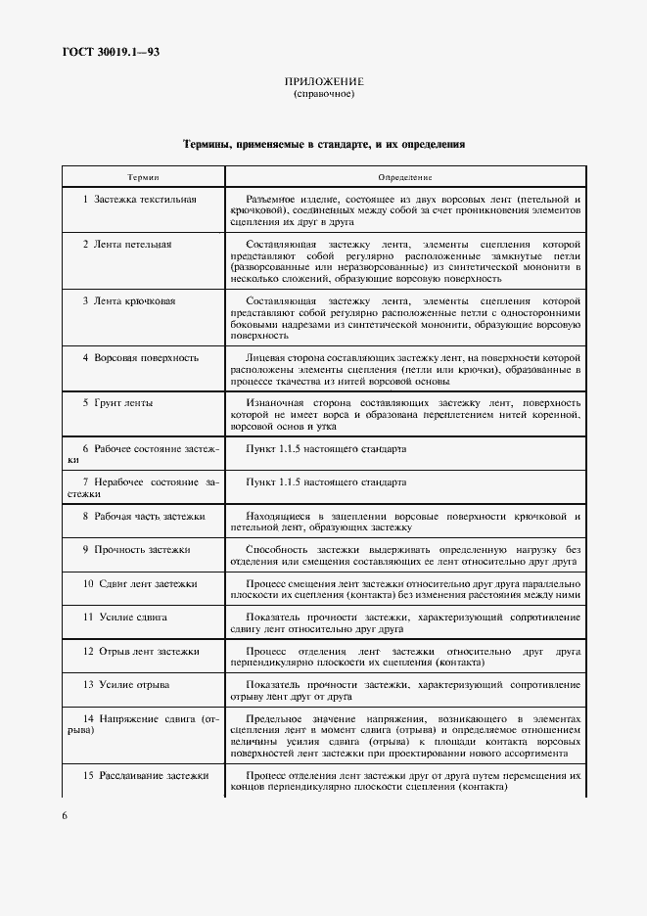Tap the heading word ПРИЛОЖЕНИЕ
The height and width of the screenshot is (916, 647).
[323, 81]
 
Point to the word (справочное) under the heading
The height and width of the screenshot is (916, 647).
[323, 95]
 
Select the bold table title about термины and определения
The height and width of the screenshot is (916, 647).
[323, 144]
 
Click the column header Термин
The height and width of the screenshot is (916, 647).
[143, 177]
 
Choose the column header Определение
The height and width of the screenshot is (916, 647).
[405, 177]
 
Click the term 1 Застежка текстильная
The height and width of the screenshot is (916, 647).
[140, 200]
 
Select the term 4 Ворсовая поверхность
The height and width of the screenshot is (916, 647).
[140, 358]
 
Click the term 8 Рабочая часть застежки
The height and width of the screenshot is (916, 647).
[144, 516]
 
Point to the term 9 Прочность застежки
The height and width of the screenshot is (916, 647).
[136, 550]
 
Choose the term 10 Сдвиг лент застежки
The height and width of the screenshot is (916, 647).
[140, 583]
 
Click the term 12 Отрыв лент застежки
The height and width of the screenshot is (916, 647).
[141, 651]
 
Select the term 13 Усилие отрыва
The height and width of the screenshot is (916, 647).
[125, 685]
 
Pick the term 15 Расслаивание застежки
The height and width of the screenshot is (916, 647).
[146, 776]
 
